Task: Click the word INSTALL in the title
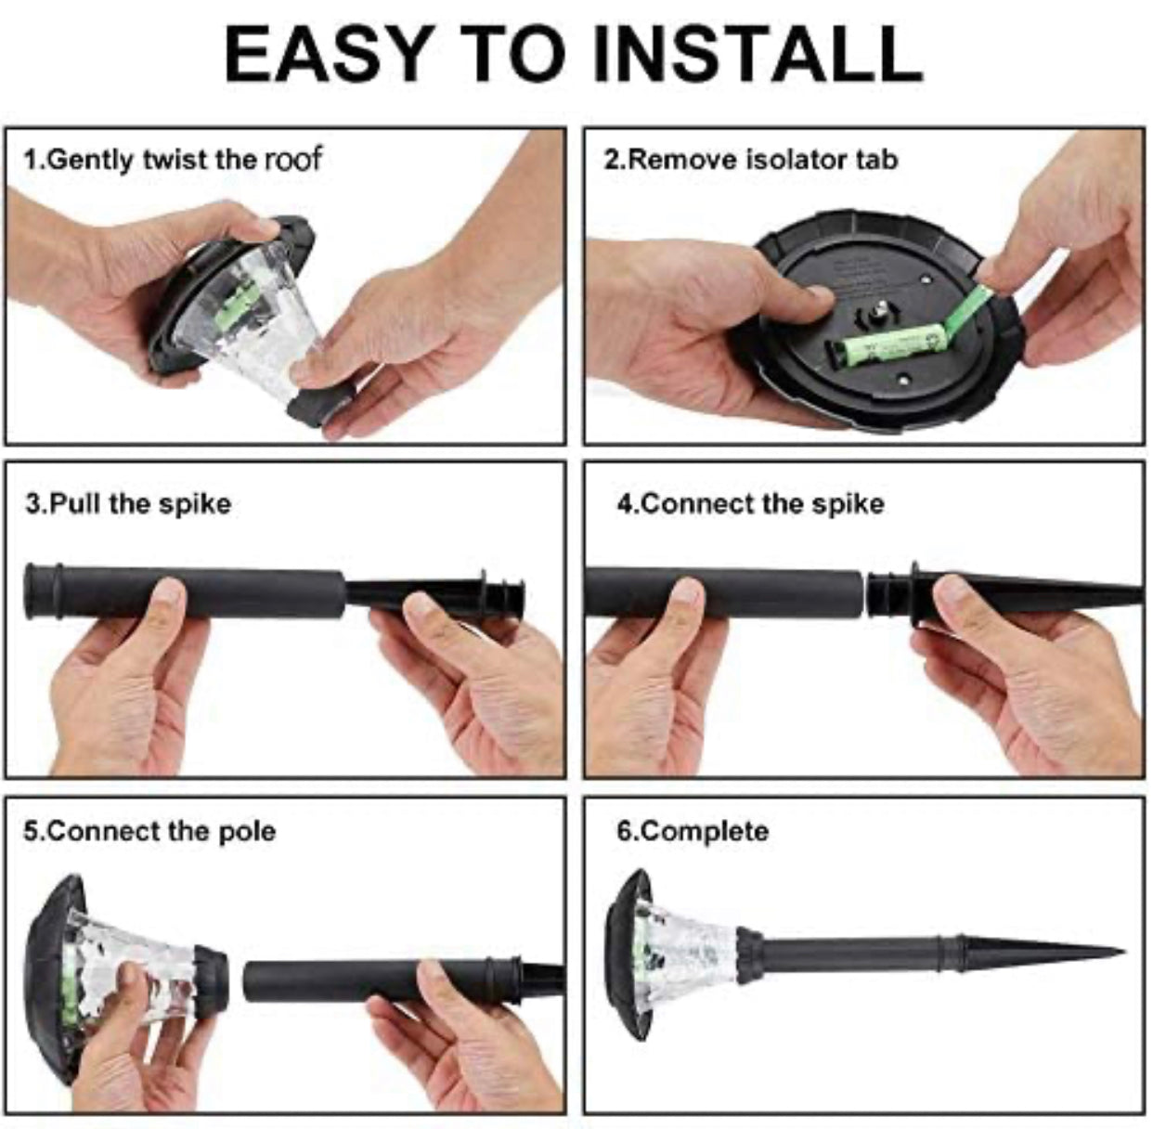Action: [x=757, y=53]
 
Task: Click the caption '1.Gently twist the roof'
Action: [x=172, y=160]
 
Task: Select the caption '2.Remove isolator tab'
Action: [x=750, y=160]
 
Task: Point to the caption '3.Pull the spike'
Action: [x=128, y=504]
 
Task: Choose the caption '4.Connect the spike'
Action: [x=750, y=504]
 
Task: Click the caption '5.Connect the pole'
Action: [x=149, y=830]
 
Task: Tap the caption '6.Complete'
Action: [x=693, y=830]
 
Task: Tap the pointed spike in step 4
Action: [x=1068, y=594]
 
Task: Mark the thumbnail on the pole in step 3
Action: [x=169, y=594]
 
